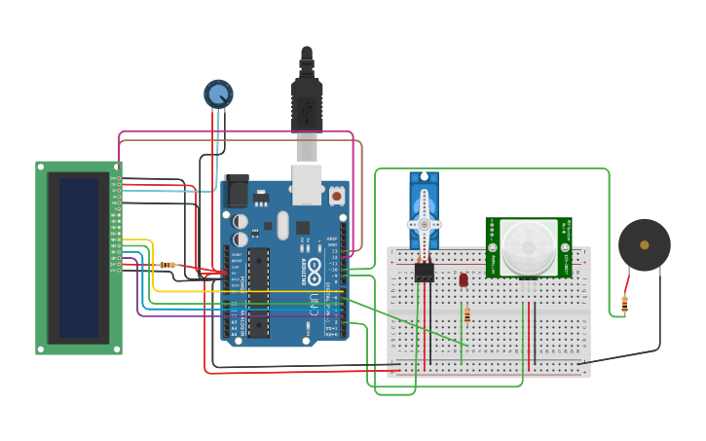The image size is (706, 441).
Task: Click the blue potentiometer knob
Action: pyautogui.click(x=218, y=94)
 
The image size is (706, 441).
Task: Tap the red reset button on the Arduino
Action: pyautogui.click(x=336, y=196)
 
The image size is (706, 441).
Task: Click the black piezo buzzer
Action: pyautogui.click(x=644, y=245)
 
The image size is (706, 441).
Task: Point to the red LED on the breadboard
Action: pyautogui.click(x=464, y=279)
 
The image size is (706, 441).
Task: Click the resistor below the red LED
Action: pyautogui.click(x=467, y=314)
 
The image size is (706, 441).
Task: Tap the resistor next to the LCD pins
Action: pyautogui.click(x=167, y=265)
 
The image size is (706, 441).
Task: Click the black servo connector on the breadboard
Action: pyautogui.click(x=425, y=273)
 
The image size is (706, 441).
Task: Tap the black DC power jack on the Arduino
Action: pyautogui.click(x=236, y=191)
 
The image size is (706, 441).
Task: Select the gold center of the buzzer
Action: pyautogui.click(x=644, y=245)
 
